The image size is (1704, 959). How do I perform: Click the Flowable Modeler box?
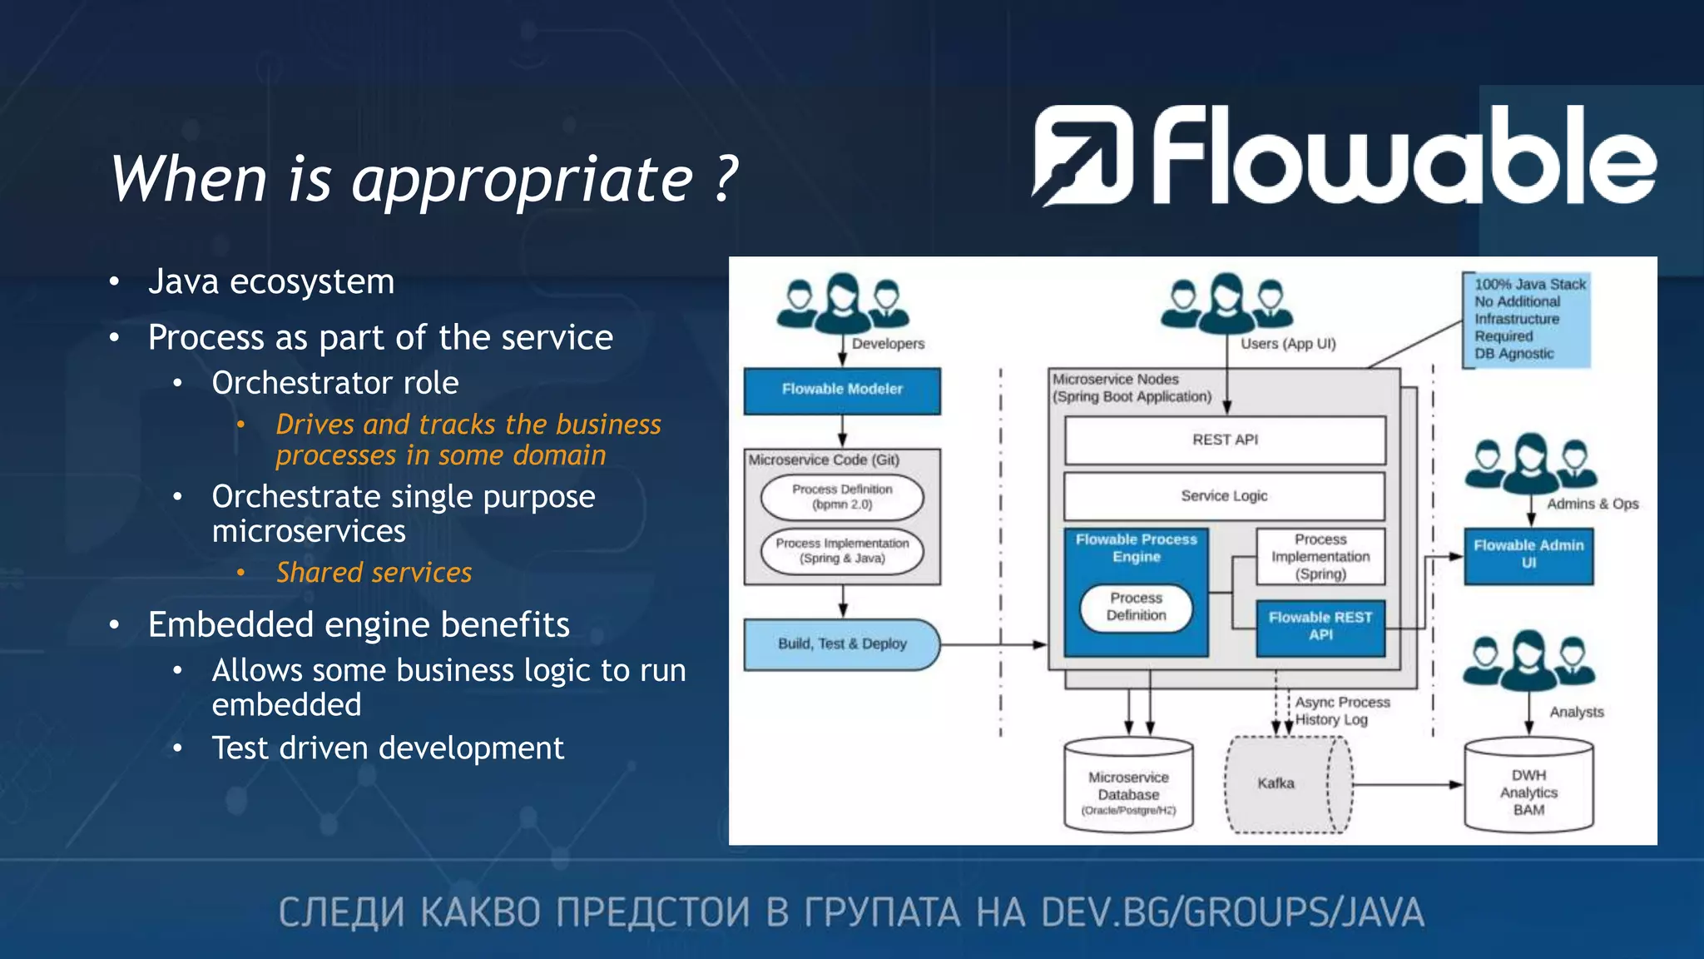(x=842, y=390)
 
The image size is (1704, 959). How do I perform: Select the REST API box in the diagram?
(x=1225, y=440)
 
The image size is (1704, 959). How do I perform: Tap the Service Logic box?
(x=1224, y=496)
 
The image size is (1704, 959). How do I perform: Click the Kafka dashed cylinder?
(x=1277, y=784)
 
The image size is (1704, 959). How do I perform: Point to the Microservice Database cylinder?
(x=1128, y=786)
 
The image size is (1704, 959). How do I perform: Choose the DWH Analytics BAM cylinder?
(x=1528, y=786)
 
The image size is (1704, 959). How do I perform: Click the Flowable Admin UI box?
(x=1528, y=554)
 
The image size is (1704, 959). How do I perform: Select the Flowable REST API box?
(x=1320, y=627)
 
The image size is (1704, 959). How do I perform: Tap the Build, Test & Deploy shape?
(x=842, y=644)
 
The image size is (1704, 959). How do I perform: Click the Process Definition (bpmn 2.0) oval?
(x=842, y=497)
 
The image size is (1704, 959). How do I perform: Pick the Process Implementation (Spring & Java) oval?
(x=842, y=551)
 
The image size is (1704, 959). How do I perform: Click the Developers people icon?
(x=842, y=305)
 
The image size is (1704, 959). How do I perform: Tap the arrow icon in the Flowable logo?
(x=1082, y=156)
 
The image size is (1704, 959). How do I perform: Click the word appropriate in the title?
(x=523, y=180)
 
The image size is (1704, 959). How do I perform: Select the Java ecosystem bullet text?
(x=271, y=282)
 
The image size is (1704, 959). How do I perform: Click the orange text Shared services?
(x=374, y=573)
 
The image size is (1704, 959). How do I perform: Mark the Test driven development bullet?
(x=388, y=748)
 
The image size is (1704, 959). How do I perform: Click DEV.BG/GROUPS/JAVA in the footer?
(x=1232, y=912)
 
